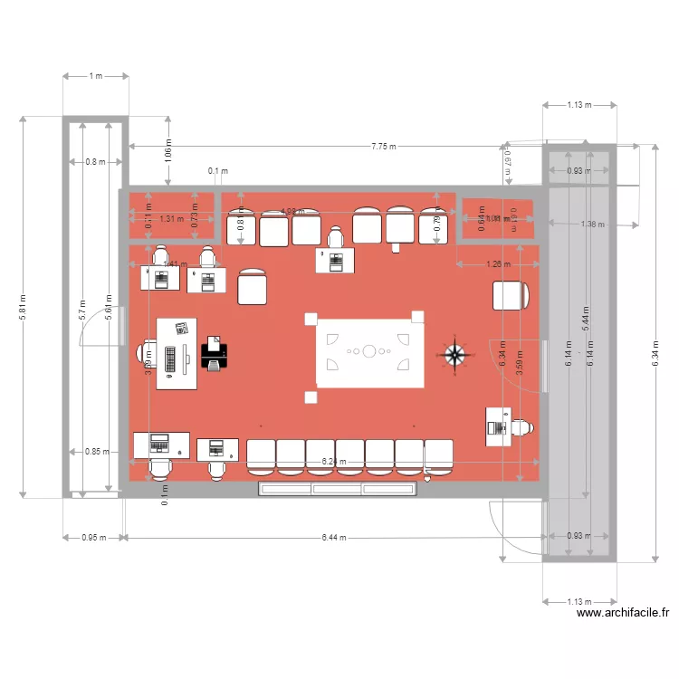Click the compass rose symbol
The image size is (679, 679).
click(454, 355)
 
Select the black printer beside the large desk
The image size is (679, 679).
click(214, 353)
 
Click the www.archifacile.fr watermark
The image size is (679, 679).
click(623, 613)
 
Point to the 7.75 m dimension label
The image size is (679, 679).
click(383, 147)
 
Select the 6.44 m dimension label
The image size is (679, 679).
click(334, 537)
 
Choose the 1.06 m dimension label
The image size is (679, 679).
click(167, 151)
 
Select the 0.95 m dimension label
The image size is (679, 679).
click(93, 537)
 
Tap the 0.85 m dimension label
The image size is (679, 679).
click(93, 451)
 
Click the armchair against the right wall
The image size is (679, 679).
click(511, 295)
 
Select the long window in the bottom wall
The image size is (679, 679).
click(338, 489)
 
